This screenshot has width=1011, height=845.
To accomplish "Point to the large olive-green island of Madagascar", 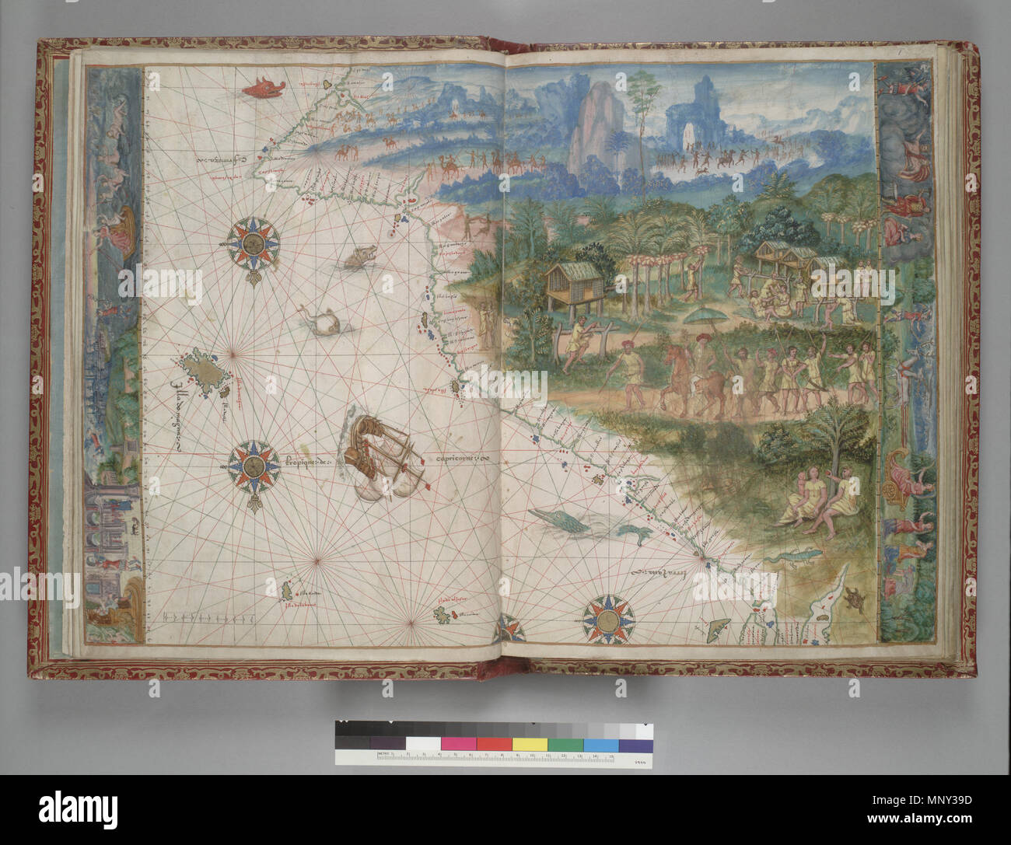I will [201, 373].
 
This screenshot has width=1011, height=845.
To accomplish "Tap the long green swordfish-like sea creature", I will [563, 522].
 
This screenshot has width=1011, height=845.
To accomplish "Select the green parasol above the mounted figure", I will [703, 317].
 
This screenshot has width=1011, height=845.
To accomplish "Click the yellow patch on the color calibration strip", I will [529, 744].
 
